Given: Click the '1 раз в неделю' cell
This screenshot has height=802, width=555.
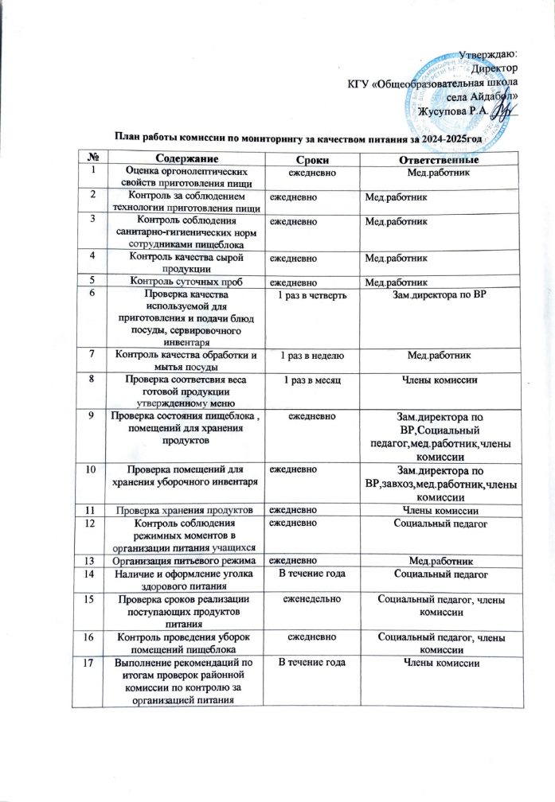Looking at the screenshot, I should click(x=306, y=354).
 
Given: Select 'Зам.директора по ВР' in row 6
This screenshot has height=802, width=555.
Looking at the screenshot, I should click(x=429, y=297).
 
